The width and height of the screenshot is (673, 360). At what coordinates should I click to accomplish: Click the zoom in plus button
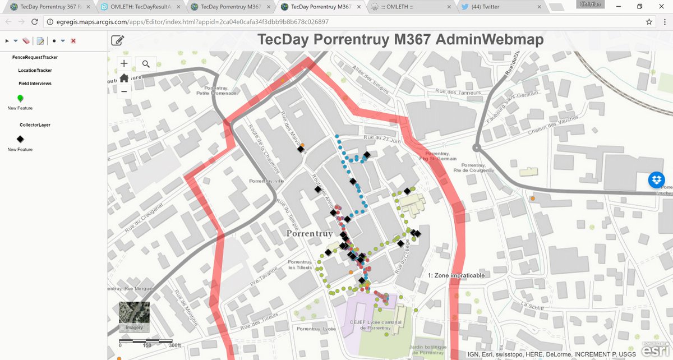click(x=124, y=64)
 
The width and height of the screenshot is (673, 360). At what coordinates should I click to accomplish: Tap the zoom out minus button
click(x=124, y=91)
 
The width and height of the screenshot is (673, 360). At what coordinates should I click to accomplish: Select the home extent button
click(x=124, y=77)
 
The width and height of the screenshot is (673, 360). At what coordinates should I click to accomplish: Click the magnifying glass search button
click(x=146, y=64)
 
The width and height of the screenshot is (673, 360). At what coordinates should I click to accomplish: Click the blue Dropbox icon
click(x=657, y=180)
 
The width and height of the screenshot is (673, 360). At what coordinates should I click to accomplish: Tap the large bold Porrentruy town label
click(x=310, y=233)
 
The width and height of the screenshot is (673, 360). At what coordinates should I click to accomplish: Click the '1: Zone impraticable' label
click(x=456, y=275)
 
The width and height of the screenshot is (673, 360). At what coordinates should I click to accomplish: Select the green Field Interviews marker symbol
click(x=20, y=98)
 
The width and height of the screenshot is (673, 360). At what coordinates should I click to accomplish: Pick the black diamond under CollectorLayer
click(x=20, y=139)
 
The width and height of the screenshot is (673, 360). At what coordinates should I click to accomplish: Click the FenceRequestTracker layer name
click(x=35, y=57)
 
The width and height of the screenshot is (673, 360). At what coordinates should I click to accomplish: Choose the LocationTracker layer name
click(x=35, y=71)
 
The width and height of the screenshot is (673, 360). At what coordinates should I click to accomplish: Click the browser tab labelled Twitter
click(x=499, y=7)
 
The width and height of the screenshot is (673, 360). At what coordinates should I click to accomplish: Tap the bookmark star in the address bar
click(x=649, y=22)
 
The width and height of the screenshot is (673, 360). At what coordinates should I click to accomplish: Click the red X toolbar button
click(x=73, y=41)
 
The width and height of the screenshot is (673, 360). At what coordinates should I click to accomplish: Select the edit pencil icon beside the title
click(x=118, y=40)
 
